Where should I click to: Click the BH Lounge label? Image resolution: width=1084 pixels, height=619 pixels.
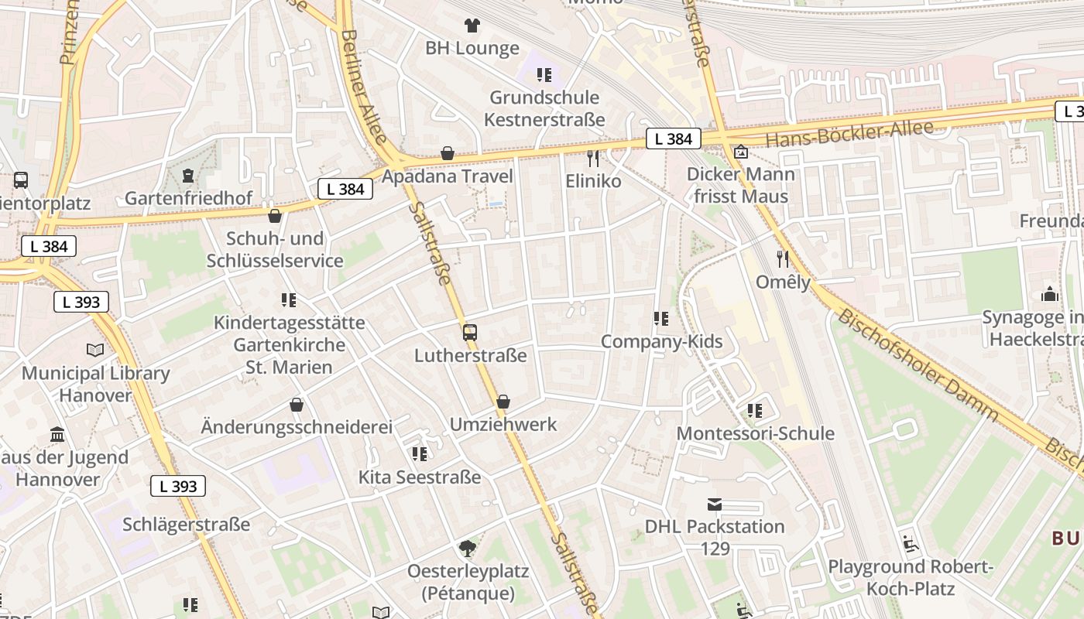pos(472,49)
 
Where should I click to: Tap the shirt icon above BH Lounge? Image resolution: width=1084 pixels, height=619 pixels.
pos(472,26)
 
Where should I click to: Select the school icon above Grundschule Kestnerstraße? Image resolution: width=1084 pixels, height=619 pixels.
pos(544,75)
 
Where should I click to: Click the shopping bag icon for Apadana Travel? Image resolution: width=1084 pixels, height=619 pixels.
pos(447,153)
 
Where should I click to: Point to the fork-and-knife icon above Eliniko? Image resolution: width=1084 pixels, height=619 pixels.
pos(593,159)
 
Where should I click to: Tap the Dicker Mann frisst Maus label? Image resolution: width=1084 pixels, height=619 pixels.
pos(740,185)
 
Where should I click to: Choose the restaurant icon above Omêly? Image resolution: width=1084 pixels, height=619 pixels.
pos(783,258)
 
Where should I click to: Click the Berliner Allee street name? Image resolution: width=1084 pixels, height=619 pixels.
pos(364,85)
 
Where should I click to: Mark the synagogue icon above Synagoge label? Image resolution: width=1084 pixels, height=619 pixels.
pos(1049,294)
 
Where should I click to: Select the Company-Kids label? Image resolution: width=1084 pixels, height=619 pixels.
pos(661,341)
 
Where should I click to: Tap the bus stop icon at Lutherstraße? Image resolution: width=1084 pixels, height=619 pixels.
pos(470,333)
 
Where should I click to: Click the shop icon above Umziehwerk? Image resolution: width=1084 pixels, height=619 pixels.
pos(503,402)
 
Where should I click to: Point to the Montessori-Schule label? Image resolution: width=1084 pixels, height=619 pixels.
pos(755,433)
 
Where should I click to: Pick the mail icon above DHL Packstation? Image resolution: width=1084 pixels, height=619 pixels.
pos(715,504)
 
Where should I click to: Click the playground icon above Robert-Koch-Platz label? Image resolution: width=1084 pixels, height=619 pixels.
pos(910,544)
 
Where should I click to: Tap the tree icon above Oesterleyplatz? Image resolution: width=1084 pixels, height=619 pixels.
pos(467,549)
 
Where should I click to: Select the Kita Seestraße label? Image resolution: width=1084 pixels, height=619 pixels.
pos(419,477)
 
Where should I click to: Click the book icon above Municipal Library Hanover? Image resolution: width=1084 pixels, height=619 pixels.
pos(95,350)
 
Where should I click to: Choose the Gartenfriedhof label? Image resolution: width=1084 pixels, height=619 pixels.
pos(188,198)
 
